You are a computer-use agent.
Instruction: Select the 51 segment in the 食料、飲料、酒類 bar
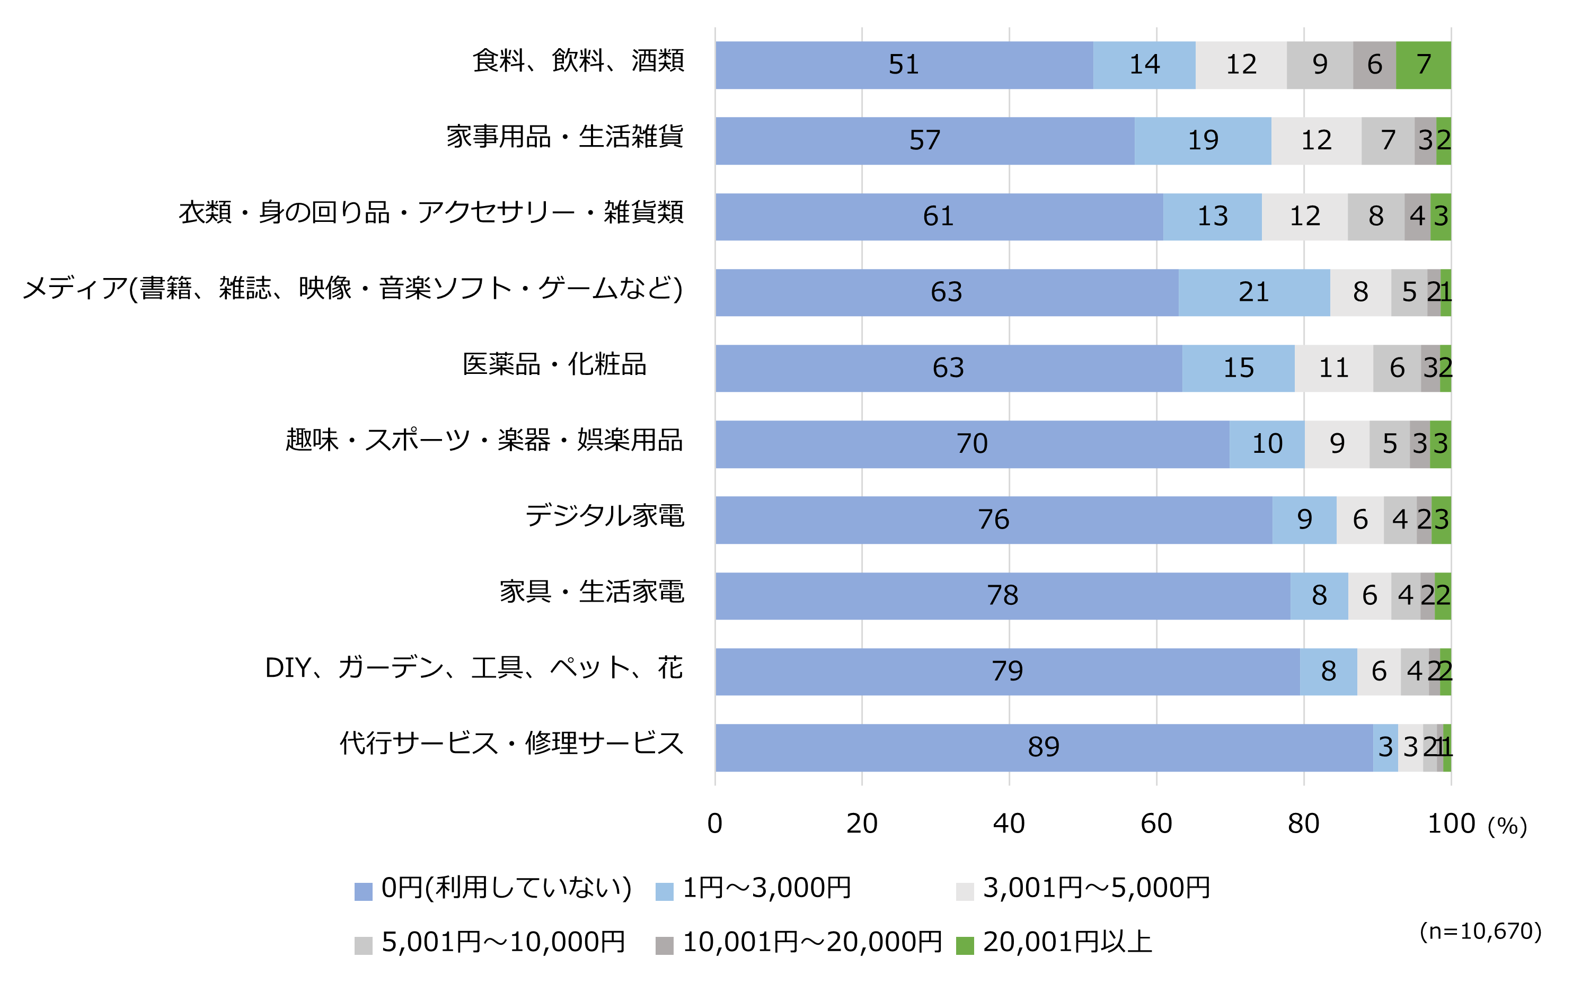(x=904, y=65)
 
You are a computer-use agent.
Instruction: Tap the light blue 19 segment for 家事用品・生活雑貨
(x=1202, y=140)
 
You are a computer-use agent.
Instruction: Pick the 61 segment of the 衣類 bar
(x=938, y=216)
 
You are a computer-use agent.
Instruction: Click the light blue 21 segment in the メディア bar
(x=1253, y=292)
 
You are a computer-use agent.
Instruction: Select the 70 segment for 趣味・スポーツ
(x=971, y=444)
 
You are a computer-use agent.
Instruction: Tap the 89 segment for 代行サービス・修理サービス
(x=1043, y=747)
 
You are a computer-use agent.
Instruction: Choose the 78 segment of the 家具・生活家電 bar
(x=1002, y=595)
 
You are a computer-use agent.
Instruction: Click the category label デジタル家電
(x=604, y=515)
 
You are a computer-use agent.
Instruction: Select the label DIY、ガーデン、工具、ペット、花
(x=473, y=668)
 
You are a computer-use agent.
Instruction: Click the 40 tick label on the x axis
(x=1009, y=824)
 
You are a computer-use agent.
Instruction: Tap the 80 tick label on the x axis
(x=1303, y=824)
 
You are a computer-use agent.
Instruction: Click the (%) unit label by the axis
(x=1507, y=827)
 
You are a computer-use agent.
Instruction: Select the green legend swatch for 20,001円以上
(x=964, y=945)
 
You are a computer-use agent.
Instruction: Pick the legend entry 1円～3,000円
(x=766, y=888)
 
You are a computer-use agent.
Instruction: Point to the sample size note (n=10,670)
(x=1480, y=931)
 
